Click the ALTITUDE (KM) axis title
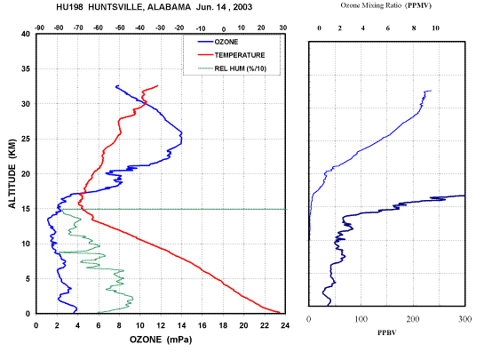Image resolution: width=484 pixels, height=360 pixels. coord(12,173)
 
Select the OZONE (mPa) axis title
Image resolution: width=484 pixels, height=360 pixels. coord(161,340)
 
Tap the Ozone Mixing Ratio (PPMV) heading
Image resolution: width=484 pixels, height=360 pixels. coord(385,5)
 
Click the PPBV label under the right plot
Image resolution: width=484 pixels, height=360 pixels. coord(387,332)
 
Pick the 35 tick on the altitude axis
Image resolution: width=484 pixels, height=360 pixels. coord(26,69)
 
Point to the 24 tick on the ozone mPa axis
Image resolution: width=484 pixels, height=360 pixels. coord(286,325)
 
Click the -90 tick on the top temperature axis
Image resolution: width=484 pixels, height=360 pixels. coord(39,28)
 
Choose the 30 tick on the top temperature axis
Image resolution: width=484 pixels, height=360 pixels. coord(283,28)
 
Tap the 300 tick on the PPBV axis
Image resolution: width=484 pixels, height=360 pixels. coord(465,319)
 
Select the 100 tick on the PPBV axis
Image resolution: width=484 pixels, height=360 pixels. coord(361,319)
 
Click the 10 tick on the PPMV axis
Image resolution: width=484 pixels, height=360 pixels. coord(435,28)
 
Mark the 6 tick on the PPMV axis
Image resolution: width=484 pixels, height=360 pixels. coord(388,28)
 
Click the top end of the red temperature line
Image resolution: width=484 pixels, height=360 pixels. coord(158,85)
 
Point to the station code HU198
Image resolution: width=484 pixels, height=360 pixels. coord(70,7)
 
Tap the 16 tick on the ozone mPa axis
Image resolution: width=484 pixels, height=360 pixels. coord(202,325)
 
